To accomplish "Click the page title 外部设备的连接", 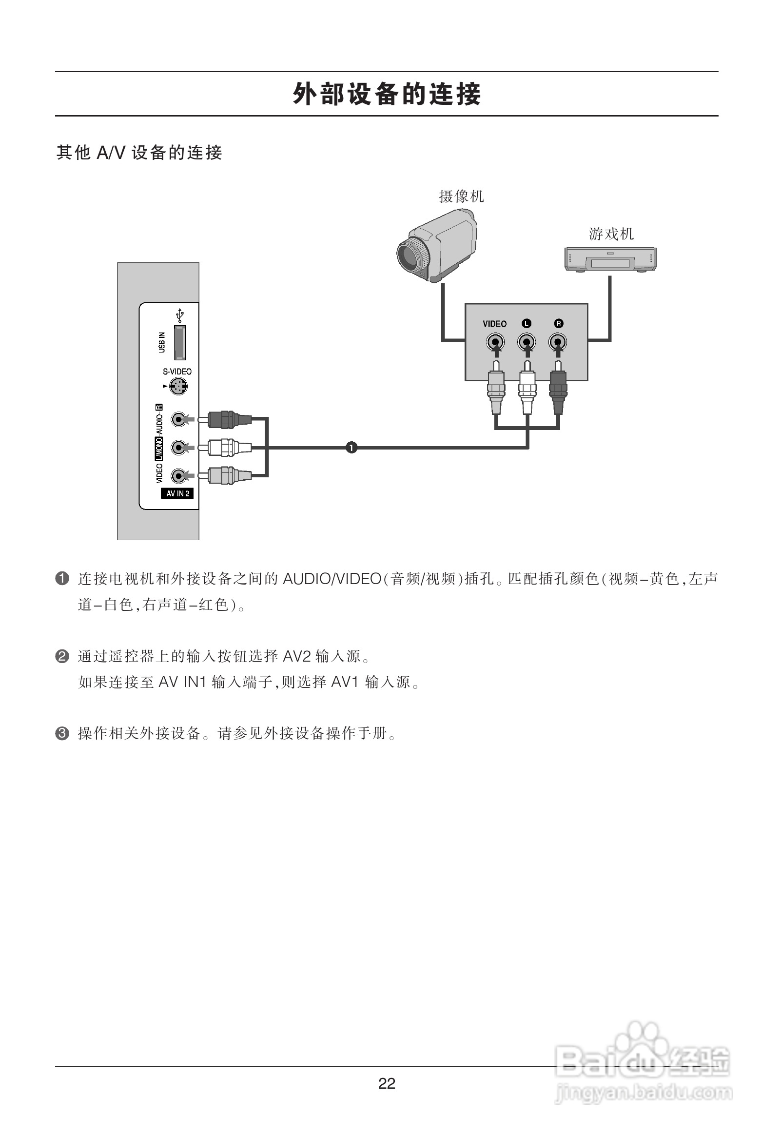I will (387, 94).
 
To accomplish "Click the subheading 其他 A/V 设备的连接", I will (139, 153).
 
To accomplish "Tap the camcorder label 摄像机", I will (461, 196).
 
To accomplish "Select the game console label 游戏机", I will (611, 234).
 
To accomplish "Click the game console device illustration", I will (610, 258).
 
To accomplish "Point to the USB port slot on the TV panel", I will (180, 342).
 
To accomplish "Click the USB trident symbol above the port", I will (180, 315).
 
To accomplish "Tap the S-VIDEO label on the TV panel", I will (177, 372).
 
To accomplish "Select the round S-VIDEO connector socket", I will (178, 387).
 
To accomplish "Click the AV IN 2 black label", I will (177, 494).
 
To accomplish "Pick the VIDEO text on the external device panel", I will (495, 324).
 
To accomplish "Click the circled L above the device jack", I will (526, 324).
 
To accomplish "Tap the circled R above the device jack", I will (559, 324).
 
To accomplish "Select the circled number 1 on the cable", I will (351, 447).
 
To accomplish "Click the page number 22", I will (387, 1084).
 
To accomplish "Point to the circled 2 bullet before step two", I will (62, 656).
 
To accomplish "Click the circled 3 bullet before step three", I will (62, 733).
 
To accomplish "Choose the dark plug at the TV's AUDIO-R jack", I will (225, 419).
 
